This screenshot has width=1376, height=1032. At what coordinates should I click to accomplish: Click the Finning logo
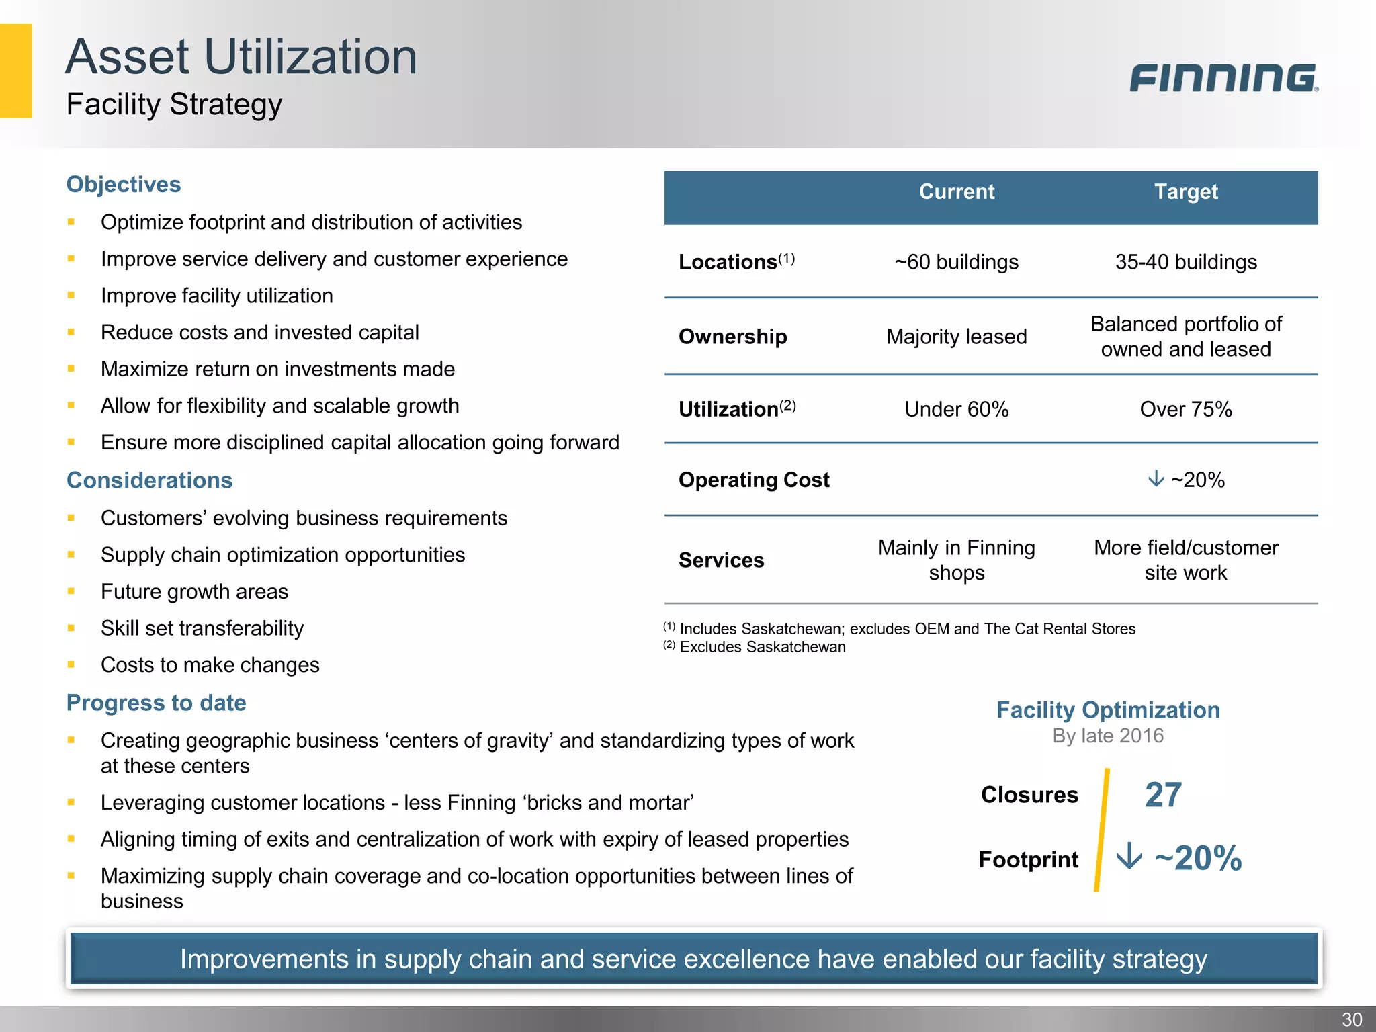1223,78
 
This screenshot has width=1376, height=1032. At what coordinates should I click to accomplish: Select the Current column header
956,192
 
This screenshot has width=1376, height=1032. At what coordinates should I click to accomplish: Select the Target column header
1186,192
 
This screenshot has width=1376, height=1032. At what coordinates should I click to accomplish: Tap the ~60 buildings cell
956,262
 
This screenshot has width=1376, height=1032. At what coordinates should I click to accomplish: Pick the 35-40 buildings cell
1186,262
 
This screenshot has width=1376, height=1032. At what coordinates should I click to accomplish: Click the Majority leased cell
956,337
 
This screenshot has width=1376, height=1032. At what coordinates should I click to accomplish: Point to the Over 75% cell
1186,409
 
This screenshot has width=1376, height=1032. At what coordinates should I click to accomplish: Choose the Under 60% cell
956,409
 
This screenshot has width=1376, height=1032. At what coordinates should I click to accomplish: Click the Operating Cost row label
754,480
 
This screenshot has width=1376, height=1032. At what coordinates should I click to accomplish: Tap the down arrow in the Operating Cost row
1156,479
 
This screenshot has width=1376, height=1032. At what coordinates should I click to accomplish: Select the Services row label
721,560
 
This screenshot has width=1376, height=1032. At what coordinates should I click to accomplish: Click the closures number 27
1163,795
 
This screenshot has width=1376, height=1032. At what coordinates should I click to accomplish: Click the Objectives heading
124,185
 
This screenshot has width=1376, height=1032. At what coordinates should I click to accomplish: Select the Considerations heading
149,480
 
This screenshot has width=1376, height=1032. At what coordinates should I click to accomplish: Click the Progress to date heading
156,703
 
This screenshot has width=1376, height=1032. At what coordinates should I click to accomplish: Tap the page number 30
1352,1019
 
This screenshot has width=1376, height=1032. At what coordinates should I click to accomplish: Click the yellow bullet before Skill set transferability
71,628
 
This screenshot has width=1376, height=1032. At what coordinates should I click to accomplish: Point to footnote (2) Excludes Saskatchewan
755,647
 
